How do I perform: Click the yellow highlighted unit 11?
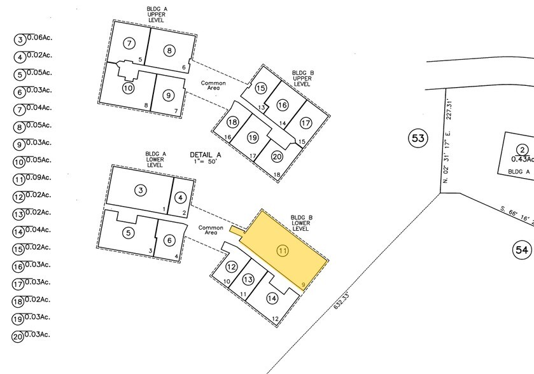[x=283, y=250]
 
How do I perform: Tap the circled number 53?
[x=418, y=138]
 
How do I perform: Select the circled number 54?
[x=522, y=250]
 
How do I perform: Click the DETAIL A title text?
[x=206, y=155]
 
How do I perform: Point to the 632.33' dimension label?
[x=342, y=301]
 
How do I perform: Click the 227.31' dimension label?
[x=449, y=109]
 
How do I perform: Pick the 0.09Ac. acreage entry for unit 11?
[x=38, y=177]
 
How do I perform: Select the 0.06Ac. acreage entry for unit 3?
[x=39, y=38]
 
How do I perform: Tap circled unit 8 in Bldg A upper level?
[x=169, y=51]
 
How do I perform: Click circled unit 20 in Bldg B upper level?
[x=278, y=156]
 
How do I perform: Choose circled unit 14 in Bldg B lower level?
[x=272, y=298]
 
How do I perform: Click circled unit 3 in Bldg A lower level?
[x=141, y=190]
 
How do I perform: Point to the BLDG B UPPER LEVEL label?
[x=303, y=78]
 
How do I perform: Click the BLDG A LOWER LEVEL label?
[x=155, y=159]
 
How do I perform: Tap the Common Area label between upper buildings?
[x=213, y=85]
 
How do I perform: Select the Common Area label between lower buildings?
[x=211, y=230]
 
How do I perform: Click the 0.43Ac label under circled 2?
[x=523, y=159]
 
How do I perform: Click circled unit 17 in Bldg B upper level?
[x=306, y=123]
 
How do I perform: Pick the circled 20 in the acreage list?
[x=18, y=337]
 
